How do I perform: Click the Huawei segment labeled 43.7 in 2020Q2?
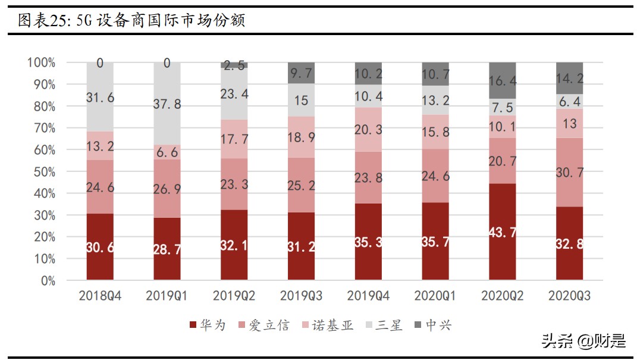point(503,232)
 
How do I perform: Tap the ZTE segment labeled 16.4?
point(503,80)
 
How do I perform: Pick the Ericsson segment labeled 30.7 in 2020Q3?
point(570,172)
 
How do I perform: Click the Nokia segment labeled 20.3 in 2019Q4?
point(368,129)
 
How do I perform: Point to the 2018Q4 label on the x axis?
point(100,296)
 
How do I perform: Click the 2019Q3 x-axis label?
point(301,296)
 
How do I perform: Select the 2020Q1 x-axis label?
point(435,296)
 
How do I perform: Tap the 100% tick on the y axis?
point(41,62)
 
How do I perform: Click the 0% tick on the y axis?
point(47,281)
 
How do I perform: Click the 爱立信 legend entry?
point(263,325)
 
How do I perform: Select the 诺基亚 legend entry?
point(328,325)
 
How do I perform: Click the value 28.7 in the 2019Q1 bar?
point(167,249)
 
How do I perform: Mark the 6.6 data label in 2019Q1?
point(167,153)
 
